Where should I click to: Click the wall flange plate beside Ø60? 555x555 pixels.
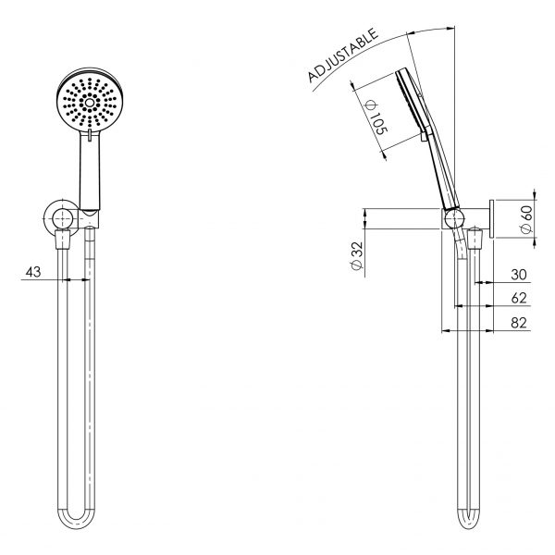click(494, 218)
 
